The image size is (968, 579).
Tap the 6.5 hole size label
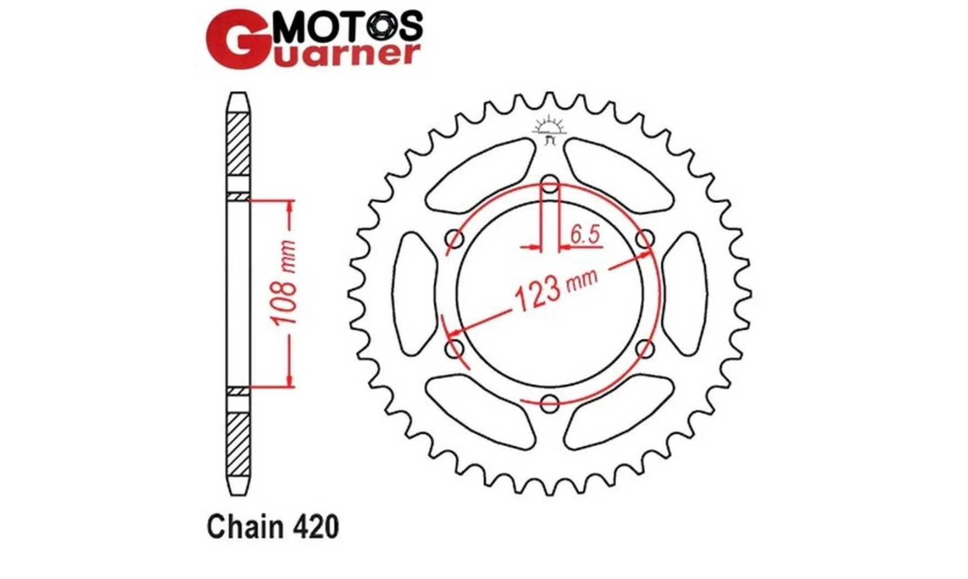tap(585, 234)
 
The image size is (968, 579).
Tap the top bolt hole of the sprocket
tap(550, 185)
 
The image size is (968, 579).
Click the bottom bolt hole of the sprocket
tap(550, 403)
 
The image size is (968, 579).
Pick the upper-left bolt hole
tap(455, 239)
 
